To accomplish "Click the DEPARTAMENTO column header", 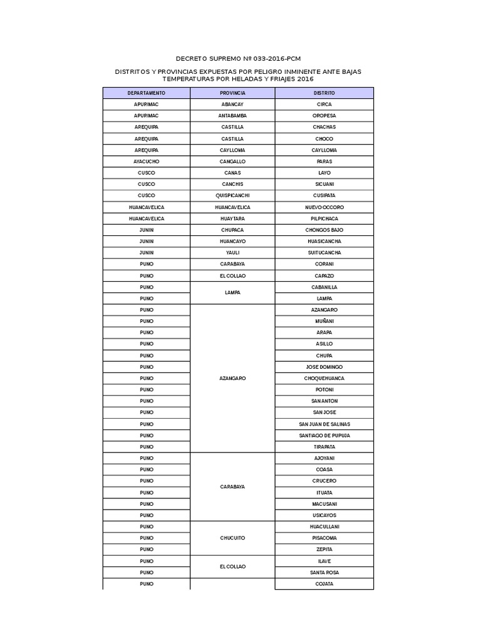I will (146, 93).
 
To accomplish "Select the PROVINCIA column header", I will (232, 93).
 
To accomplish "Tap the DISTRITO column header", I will (324, 93).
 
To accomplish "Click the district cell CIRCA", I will (324, 105).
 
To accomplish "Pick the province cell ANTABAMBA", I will (232, 116).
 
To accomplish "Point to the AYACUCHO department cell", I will (146, 162).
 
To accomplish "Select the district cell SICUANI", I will (324, 184).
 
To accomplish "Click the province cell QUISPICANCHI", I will (232, 195).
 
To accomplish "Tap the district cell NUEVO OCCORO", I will (324, 207).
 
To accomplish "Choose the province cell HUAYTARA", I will (232, 218).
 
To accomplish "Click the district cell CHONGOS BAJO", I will (324, 230).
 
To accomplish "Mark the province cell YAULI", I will (232, 252).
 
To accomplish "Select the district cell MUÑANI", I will (324, 321).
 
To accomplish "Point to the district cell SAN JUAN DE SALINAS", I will (324, 424).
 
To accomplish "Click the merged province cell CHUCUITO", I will (232, 538).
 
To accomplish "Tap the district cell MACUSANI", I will (324, 504).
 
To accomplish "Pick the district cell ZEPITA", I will (324, 549).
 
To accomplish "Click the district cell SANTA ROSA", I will (324, 572).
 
